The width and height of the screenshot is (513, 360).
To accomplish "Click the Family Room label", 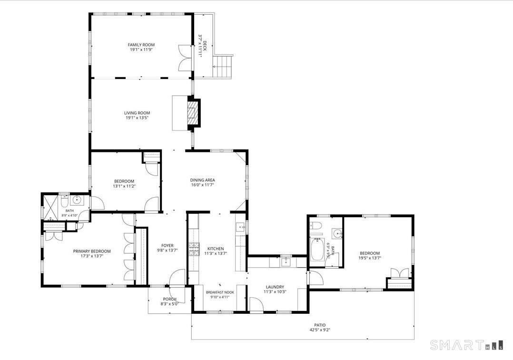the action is pyautogui.click(x=141, y=45).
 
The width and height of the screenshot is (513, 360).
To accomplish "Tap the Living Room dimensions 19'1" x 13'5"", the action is pyautogui.click(x=137, y=118).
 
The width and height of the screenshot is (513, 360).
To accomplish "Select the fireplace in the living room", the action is pyautogui.click(x=193, y=112).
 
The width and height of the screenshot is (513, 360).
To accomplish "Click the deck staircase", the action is pyautogui.click(x=223, y=67).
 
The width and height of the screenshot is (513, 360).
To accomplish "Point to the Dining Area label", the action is pyautogui.click(x=203, y=180).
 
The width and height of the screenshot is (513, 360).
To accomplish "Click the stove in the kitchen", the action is pyautogui.click(x=194, y=249).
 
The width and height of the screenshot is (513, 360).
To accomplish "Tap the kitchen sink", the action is pyautogui.click(x=241, y=227).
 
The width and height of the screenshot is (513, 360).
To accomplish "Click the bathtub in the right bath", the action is pyautogui.click(x=316, y=250).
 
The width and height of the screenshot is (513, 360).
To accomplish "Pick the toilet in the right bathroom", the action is pyautogui.click(x=316, y=225).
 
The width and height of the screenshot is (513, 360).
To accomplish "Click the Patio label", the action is pyautogui.click(x=320, y=325).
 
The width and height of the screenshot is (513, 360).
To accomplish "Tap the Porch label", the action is pyautogui.click(x=169, y=299).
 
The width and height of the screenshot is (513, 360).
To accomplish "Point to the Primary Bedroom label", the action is pyautogui.click(x=91, y=251).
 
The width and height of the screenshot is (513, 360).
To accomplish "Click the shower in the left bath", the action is pyautogui.click(x=51, y=207).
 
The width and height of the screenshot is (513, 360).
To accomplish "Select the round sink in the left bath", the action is pyautogui.click(x=78, y=199).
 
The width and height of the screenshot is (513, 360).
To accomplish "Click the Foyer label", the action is pyautogui.click(x=168, y=245).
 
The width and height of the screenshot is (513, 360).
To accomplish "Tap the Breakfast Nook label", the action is pyautogui.click(x=220, y=292).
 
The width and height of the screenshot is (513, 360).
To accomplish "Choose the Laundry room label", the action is pyautogui.click(x=275, y=287).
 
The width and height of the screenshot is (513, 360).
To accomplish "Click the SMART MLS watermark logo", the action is pyautogui.click(x=466, y=345).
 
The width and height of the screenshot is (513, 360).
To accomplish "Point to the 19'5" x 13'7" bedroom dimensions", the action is pyautogui.click(x=370, y=258).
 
